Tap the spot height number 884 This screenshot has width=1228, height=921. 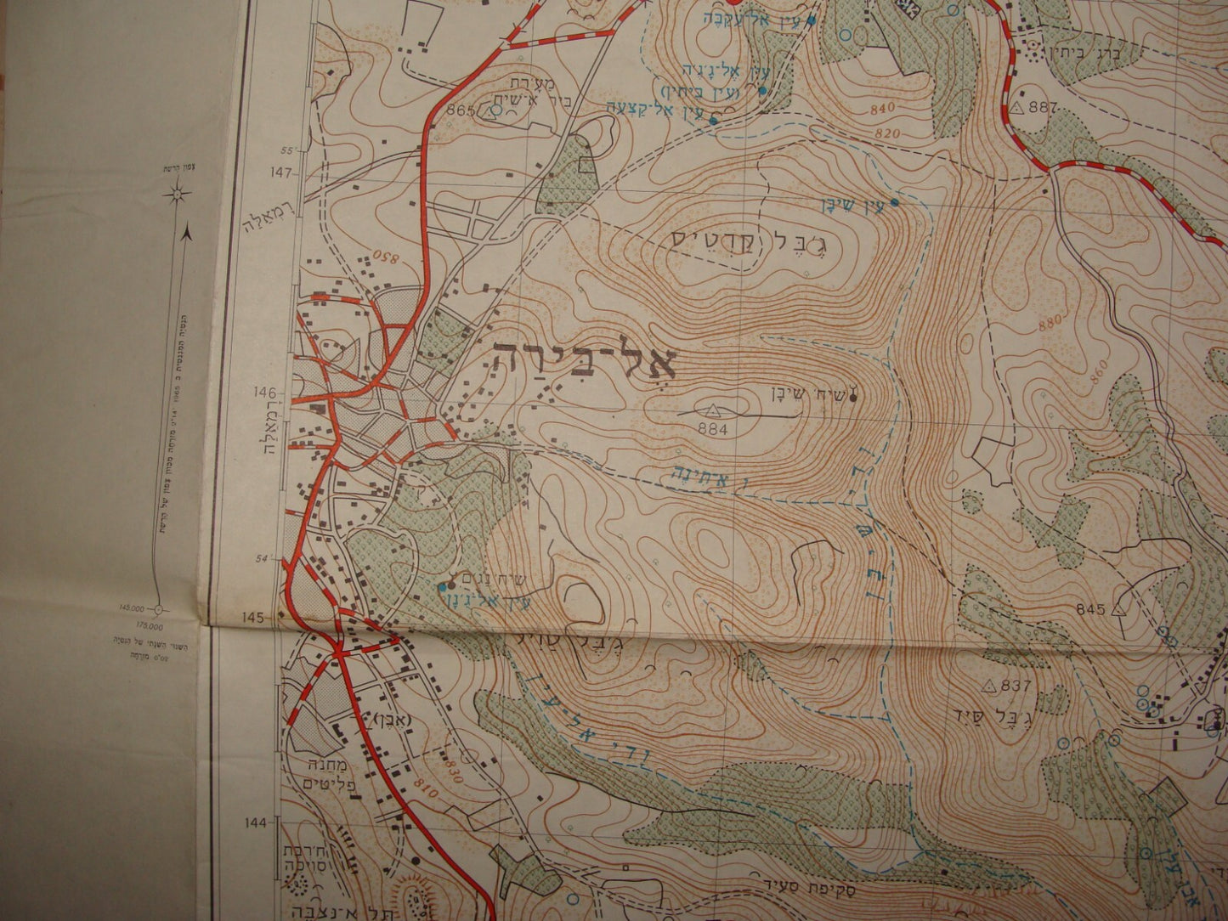tap(712, 429)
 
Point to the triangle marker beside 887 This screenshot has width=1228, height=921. tap(1017, 108)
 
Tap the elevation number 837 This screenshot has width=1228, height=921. tap(1017, 687)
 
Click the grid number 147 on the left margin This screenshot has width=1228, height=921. tap(282, 172)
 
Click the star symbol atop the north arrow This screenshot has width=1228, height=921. tap(176, 195)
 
